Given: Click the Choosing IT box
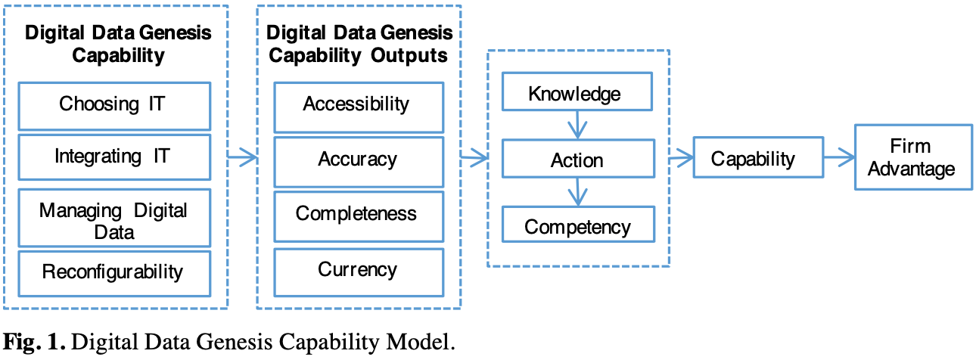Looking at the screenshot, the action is [x=114, y=106].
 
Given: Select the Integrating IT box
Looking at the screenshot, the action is [x=114, y=157].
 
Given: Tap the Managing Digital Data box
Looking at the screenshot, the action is [x=114, y=218].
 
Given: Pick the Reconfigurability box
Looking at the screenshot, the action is [x=114, y=273].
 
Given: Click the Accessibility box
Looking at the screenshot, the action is [x=359, y=107].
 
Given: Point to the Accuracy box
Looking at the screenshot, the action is [x=359, y=162].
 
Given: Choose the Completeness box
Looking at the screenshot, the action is [x=359, y=216].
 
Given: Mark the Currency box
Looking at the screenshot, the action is [x=359, y=272].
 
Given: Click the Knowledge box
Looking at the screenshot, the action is [x=577, y=92].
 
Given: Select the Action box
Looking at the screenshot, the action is [x=578, y=159].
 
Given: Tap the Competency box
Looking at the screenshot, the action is [x=578, y=224].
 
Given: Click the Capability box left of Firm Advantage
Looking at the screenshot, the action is [x=758, y=157].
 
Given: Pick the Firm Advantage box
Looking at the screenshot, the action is [x=913, y=157].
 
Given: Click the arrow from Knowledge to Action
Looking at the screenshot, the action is [x=577, y=125].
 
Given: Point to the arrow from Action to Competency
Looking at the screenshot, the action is [x=578, y=192].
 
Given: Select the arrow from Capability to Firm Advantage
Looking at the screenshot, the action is [x=839, y=157].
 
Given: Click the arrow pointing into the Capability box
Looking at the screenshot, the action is [x=682, y=157].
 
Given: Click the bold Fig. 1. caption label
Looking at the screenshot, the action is [x=34, y=341].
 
